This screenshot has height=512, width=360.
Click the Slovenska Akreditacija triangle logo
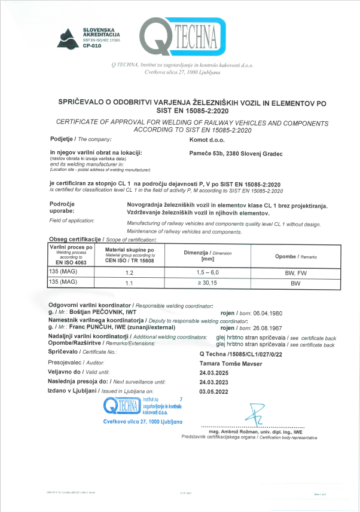(x=67, y=39)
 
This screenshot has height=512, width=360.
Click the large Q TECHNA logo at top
(x=184, y=37)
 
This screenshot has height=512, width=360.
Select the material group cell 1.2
(x=128, y=271)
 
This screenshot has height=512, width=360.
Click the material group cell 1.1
(x=128, y=282)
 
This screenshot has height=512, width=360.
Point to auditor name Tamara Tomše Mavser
(x=227, y=362)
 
